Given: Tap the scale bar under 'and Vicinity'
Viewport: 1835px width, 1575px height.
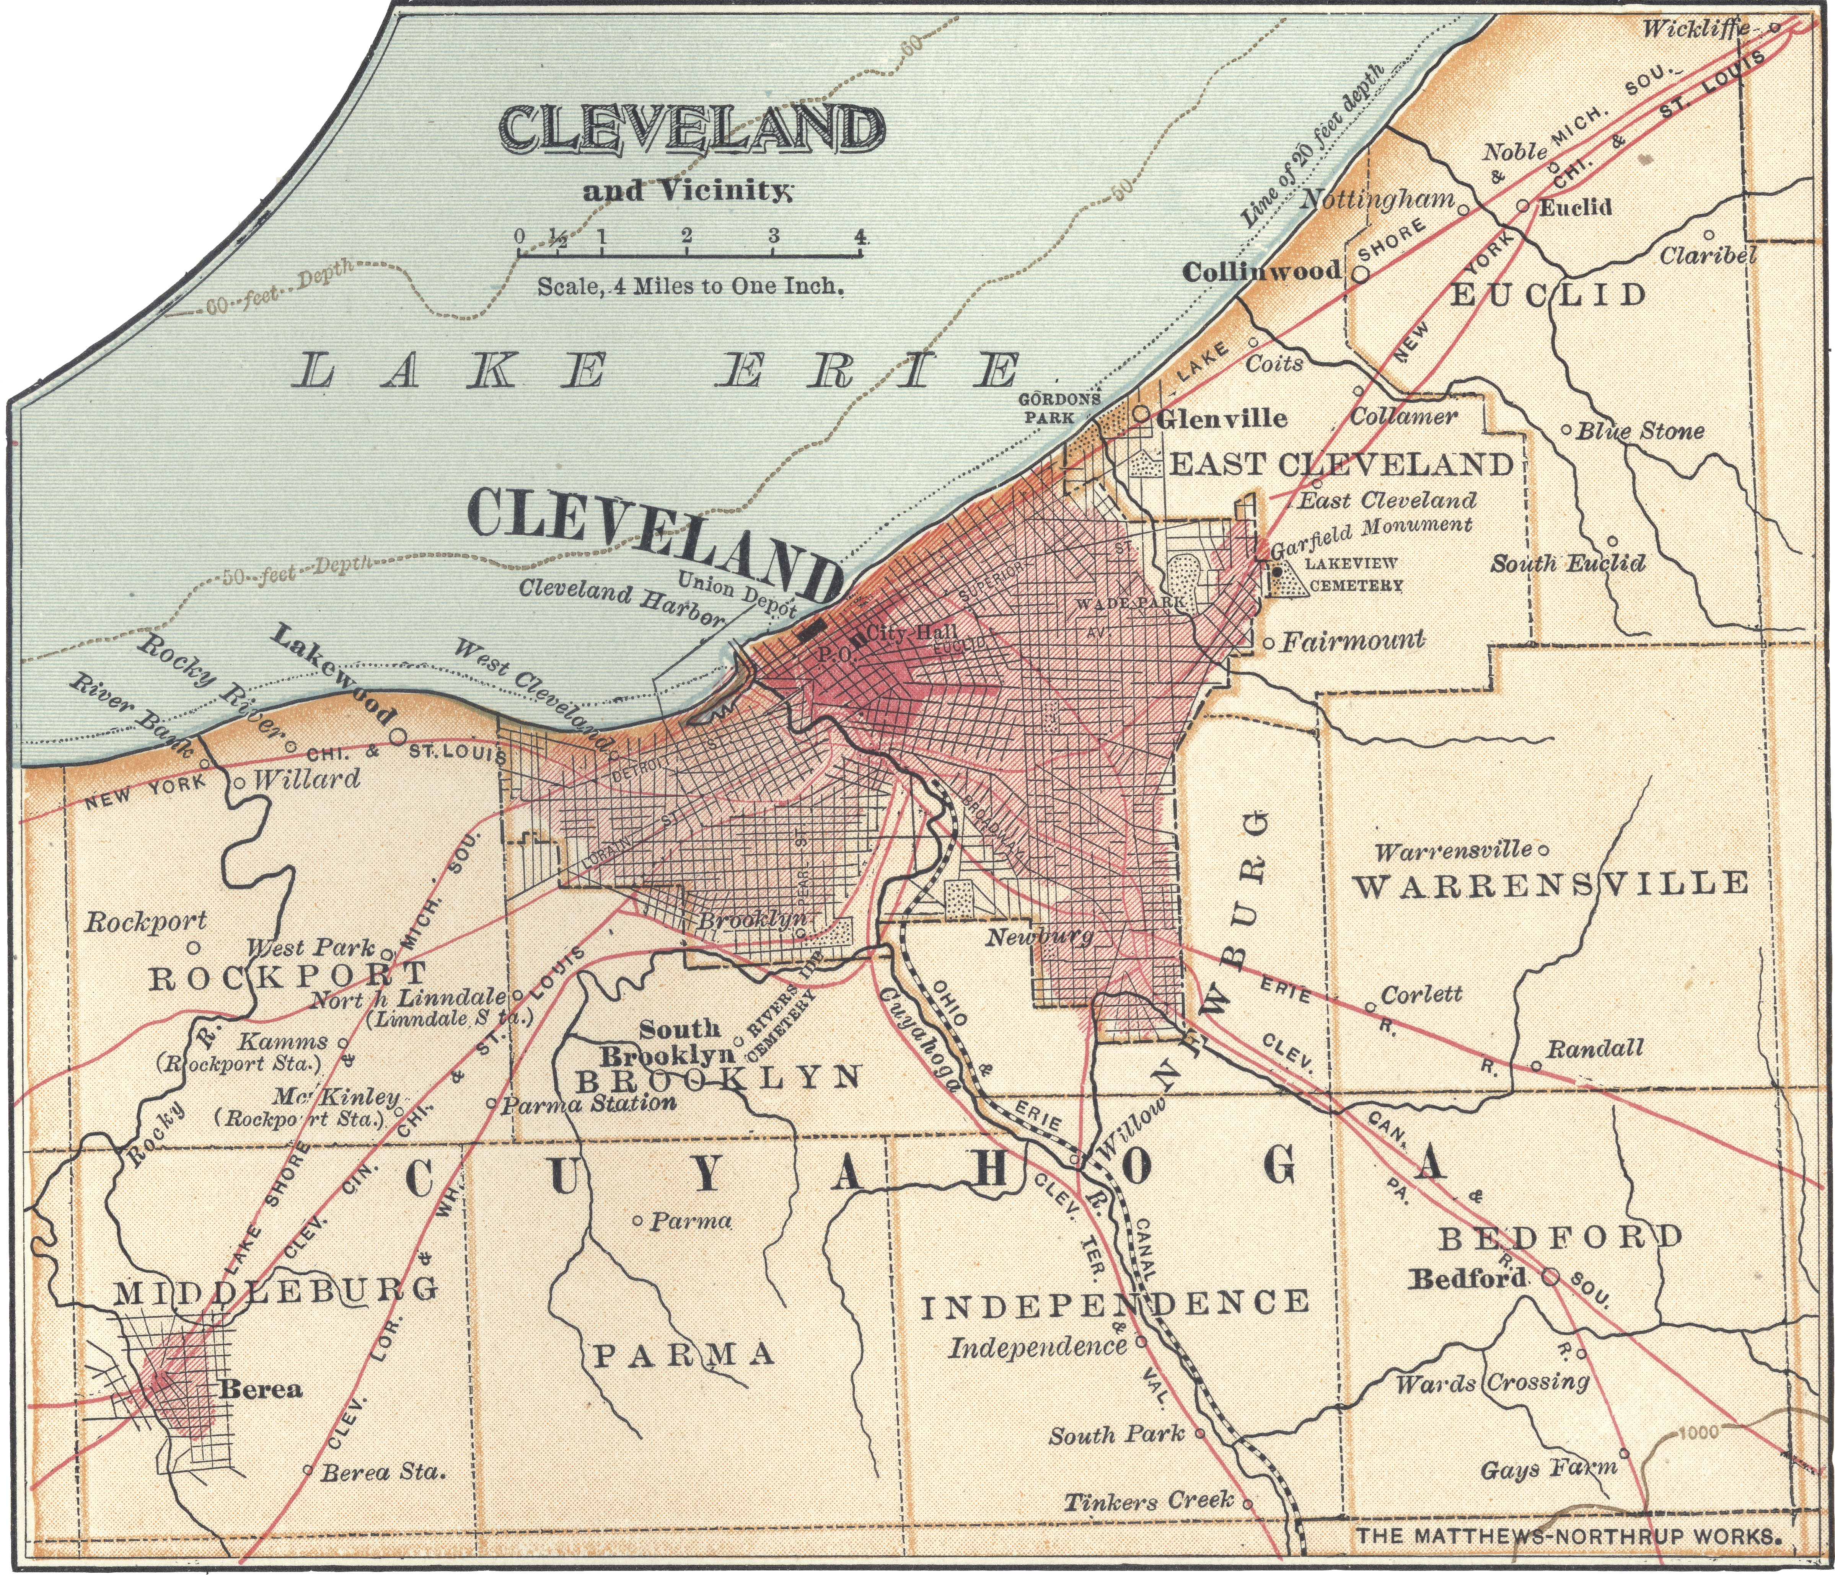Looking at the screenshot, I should pos(689,254).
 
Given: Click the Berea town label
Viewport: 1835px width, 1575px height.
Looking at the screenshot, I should pos(261,1389).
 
